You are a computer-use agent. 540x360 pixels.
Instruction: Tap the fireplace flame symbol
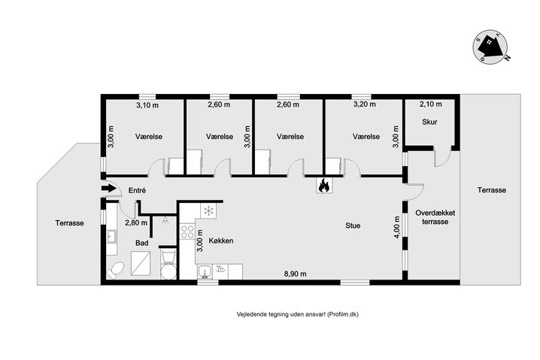324,185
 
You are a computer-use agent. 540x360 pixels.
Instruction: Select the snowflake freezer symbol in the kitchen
210,210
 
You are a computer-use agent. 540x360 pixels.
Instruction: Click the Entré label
136,191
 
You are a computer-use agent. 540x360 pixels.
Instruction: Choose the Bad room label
142,244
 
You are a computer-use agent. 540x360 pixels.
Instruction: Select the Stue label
352,224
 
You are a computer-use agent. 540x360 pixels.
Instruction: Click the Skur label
429,121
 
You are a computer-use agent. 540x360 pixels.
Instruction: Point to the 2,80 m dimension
135,222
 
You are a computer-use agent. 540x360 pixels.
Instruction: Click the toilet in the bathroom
117,270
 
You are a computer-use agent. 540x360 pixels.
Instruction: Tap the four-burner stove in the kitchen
187,230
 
